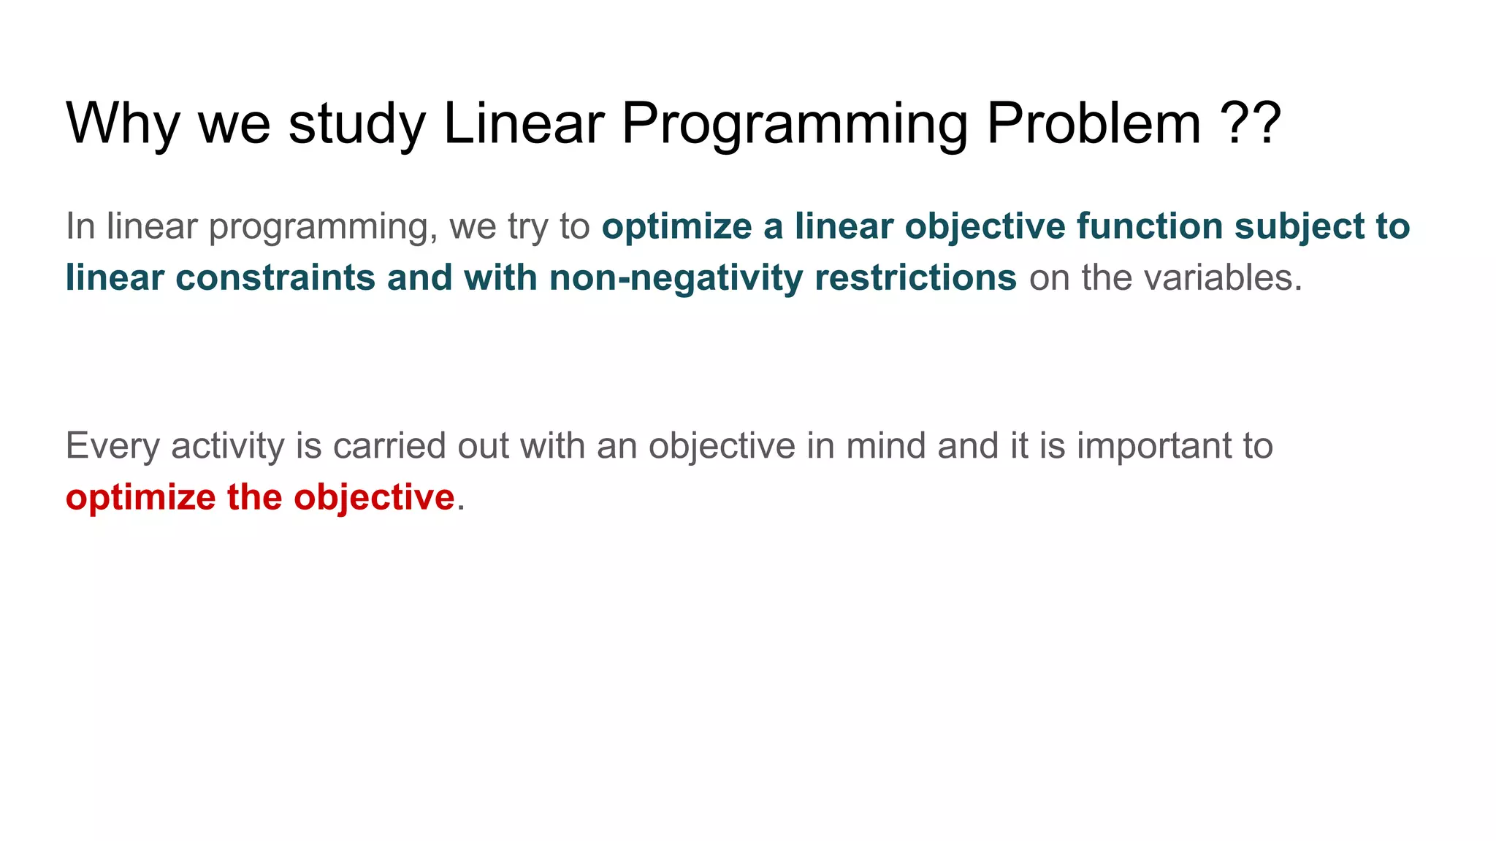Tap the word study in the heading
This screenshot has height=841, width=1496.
(x=357, y=123)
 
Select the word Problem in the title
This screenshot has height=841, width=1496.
(x=1094, y=123)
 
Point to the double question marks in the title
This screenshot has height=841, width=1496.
(x=1251, y=123)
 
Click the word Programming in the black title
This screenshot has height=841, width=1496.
(x=795, y=123)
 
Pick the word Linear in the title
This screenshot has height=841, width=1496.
(x=524, y=123)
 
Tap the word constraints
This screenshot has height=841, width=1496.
(x=275, y=278)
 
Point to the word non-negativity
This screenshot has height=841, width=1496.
(x=676, y=278)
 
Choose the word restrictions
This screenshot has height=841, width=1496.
(x=915, y=278)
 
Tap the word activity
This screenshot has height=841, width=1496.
(x=227, y=446)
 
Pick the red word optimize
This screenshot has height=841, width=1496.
(x=140, y=498)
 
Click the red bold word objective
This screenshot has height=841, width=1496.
(x=374, y=498)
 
